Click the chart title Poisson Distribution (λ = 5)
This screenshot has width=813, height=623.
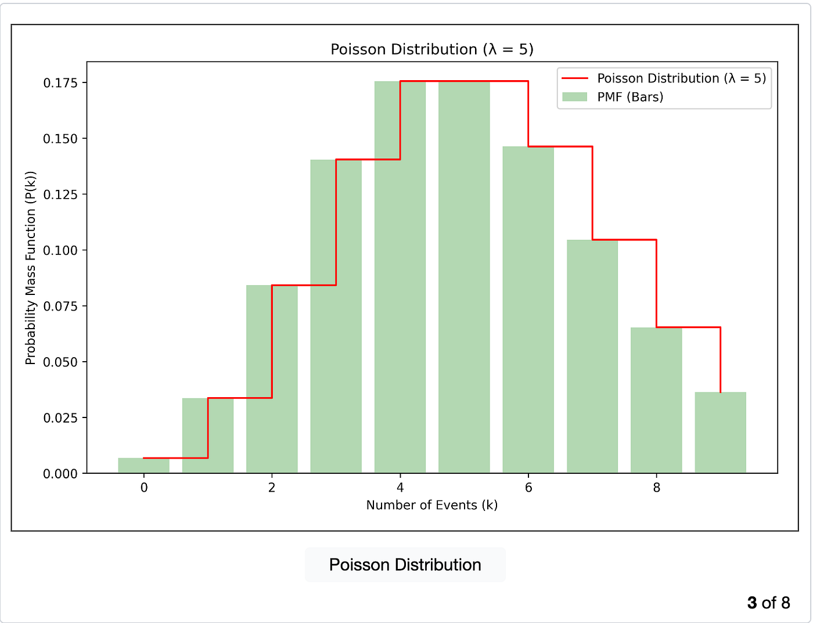431,49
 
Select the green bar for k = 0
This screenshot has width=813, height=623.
143,466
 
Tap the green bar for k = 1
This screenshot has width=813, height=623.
207,435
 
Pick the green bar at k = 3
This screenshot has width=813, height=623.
336,316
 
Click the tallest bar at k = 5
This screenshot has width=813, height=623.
464,277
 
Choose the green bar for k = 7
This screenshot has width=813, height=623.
592,356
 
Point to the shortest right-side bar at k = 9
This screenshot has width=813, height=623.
720,433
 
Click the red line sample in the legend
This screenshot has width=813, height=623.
575,78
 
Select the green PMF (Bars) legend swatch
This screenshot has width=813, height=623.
575,97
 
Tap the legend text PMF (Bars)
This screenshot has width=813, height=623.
630,97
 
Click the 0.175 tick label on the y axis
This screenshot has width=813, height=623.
60,83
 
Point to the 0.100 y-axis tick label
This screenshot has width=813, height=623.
60,250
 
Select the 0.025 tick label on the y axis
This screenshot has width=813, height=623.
60,418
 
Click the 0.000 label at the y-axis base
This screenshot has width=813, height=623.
60,474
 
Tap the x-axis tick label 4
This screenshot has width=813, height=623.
400,488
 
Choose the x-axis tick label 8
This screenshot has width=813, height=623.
656,488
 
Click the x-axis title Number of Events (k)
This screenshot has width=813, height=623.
431,505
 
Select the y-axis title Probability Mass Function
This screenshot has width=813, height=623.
30,268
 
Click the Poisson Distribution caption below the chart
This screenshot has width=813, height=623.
405,565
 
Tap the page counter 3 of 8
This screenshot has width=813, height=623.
768,603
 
